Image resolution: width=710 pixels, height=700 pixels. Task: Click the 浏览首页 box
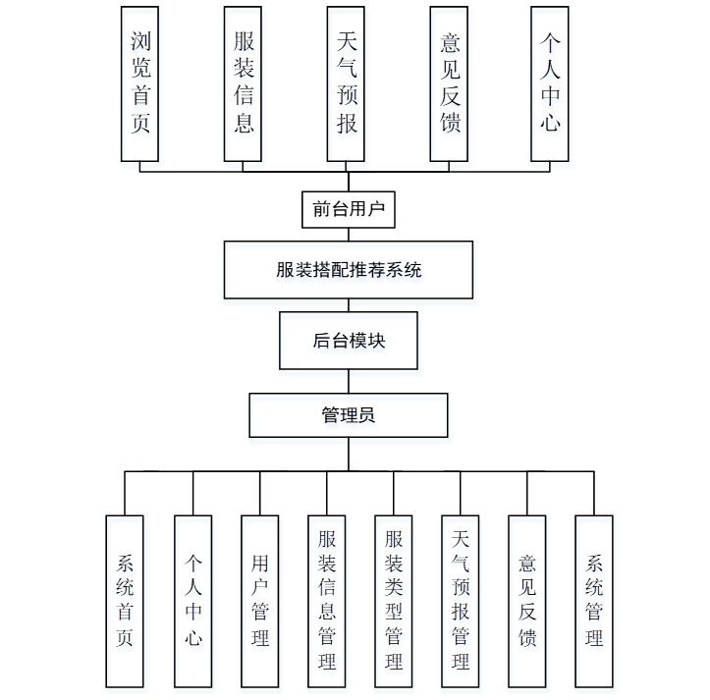tap(139, 83)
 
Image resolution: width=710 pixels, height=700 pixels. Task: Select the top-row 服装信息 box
tap(244, 83)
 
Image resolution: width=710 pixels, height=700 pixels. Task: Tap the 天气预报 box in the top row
tap(347, 83)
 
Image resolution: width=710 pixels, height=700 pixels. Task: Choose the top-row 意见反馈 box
tap(449, 83)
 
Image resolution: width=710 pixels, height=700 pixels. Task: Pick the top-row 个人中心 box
tap(550, 83)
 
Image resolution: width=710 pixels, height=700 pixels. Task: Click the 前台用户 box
tap(348, 209)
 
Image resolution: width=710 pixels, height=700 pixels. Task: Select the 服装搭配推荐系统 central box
tap(349, 270)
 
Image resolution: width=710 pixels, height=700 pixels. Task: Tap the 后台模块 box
tap(349, 341)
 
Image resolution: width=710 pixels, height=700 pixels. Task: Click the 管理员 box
tap(349, 415)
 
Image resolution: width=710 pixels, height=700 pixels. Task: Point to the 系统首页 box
tap(125, 601)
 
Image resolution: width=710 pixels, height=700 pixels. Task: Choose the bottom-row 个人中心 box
tap(193, 601)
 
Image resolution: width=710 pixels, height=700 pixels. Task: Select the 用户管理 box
tap(260, 601)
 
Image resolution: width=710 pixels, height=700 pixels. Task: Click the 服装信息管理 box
tap(327, 601)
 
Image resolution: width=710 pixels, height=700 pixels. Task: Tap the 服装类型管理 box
tap(394, 601)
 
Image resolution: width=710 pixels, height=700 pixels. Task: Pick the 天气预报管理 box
tap(461, 601)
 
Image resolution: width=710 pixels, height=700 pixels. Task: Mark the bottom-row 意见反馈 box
tap(527, 601)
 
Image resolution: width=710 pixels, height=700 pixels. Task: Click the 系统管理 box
tap(594, 601)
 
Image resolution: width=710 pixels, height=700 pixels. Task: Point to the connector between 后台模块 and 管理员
tap(349, 381)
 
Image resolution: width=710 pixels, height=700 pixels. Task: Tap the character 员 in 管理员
tap(366, 415)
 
